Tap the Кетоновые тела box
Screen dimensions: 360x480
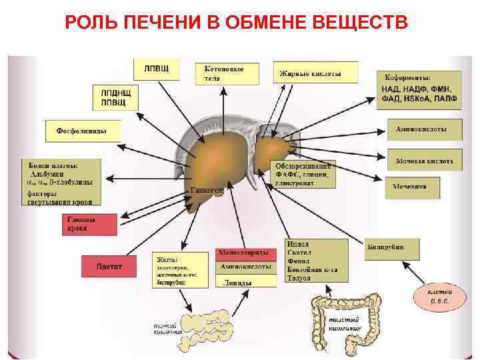[x=227, y=74]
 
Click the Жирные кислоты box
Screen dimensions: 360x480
[x=315, y=73]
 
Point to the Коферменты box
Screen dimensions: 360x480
[x=419, y=89]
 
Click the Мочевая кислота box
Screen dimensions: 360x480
[x=424, y=161]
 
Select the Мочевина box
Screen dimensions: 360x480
[x=412, y=187]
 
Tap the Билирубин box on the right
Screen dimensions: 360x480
[x=392, y=247]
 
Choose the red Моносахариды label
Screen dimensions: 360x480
[x=245, y=254]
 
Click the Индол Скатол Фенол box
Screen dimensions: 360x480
[x=316, y=261]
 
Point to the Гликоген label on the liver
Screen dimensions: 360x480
[x=207, y=190]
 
